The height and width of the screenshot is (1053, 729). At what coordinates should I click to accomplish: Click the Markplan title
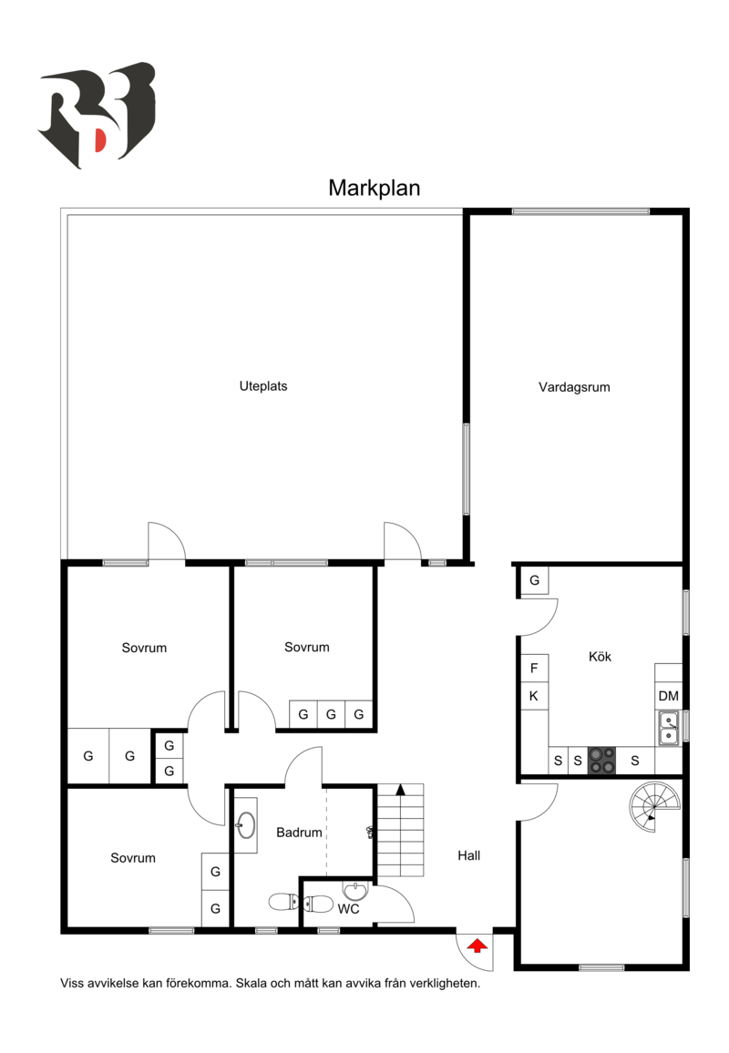374,188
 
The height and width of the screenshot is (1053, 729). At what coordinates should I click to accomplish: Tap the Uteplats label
263,386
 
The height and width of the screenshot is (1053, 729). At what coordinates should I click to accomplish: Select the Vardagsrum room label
574,387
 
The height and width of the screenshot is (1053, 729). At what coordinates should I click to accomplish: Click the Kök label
600,656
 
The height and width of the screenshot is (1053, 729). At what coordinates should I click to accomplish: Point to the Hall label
469,856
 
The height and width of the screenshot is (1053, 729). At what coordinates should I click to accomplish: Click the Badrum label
300,833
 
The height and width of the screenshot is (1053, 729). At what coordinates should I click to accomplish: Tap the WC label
348,909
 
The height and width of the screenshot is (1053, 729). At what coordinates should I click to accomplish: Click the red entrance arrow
476,946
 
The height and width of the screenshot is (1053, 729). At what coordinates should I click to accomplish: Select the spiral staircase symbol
654,805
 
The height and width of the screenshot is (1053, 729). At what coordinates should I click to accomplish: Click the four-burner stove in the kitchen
601,760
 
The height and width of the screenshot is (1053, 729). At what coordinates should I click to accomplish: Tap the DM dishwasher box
669,697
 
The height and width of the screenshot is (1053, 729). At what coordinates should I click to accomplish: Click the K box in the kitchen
534,697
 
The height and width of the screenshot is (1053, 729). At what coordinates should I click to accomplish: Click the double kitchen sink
669,728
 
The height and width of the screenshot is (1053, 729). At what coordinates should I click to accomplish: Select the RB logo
97,115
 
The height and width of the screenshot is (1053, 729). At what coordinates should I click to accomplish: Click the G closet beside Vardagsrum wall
534,580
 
